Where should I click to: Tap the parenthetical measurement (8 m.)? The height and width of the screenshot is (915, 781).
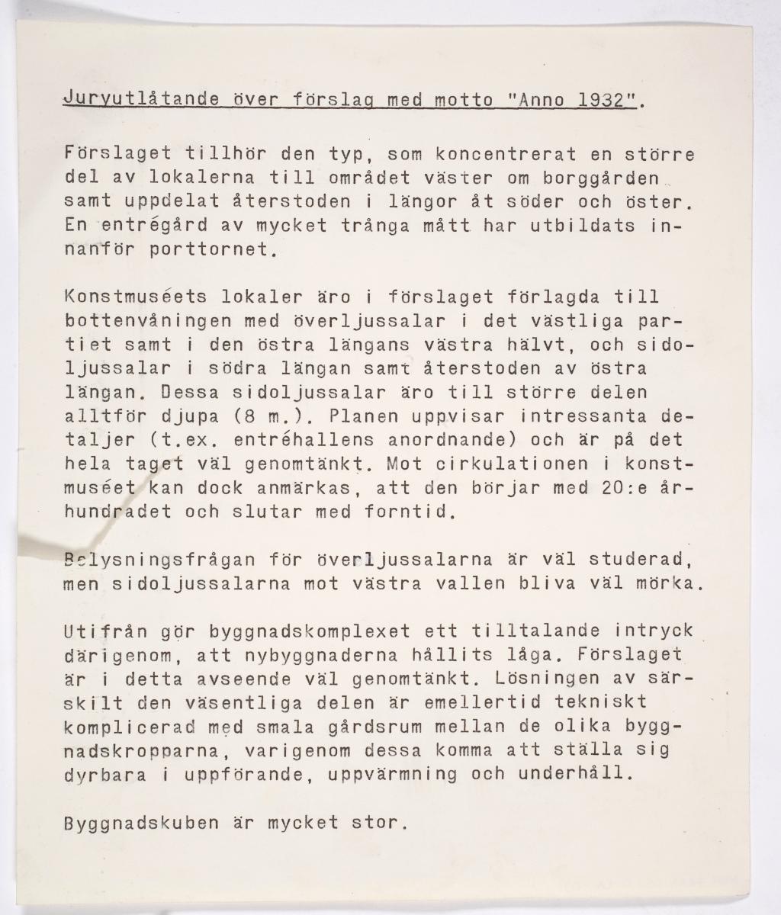tap(249, 417)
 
